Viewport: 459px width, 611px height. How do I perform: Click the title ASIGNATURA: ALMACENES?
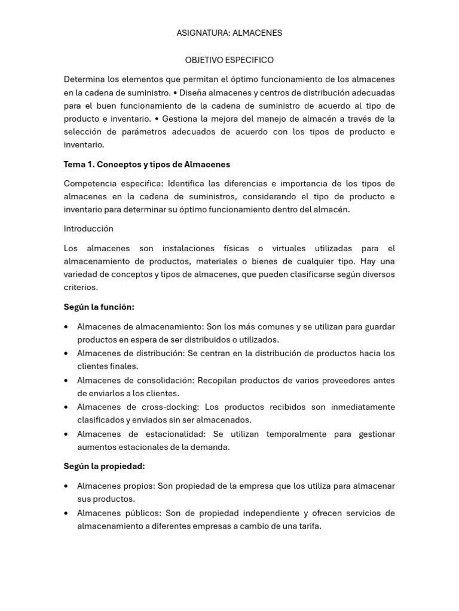tap(229, 33)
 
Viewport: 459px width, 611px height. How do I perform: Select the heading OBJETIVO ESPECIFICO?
tap(229, 60)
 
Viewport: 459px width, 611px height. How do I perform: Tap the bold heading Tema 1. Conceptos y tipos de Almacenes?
tap(147, 164)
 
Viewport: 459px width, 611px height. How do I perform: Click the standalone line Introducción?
tap(88, 229)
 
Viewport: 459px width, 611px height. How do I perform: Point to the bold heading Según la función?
tap(99, 307)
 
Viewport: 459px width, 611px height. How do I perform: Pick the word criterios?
tap(81, 287)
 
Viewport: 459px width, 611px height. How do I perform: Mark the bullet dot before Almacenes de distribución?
tap(68, 354)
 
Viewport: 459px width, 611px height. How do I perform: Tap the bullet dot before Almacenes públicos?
tap(68, 514)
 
